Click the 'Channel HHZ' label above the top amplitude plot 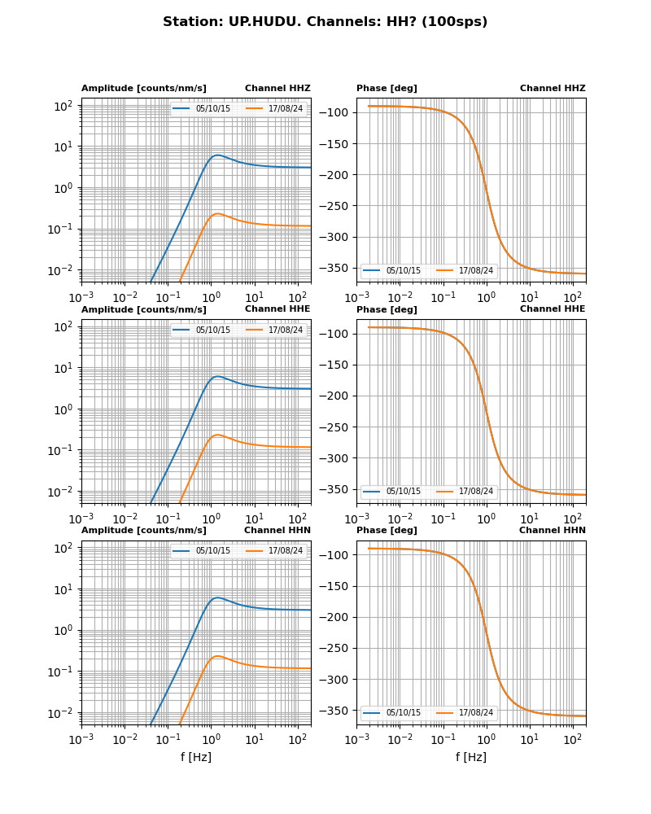pos(277,89)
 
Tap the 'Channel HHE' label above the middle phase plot pos(553,309)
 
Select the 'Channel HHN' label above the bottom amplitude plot pos(277,531)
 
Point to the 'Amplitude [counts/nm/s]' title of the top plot pos(144,89)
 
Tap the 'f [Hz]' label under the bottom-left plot pos(196,757)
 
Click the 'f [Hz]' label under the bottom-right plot pos(471,757)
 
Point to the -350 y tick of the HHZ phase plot pos(338,268)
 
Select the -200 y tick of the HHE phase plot pos(338,396)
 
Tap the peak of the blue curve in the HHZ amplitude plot pos(216,155)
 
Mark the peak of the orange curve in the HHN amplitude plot pos(217,656)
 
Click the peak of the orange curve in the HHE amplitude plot pos(217,435)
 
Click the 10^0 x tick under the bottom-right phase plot pos(486,739)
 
